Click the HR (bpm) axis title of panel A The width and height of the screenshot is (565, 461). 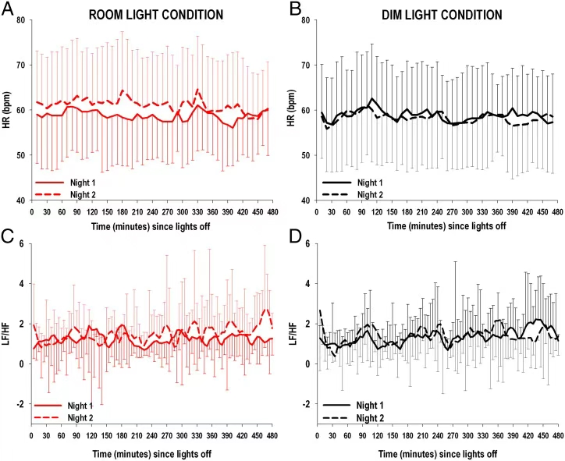[x=7, y=109]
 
